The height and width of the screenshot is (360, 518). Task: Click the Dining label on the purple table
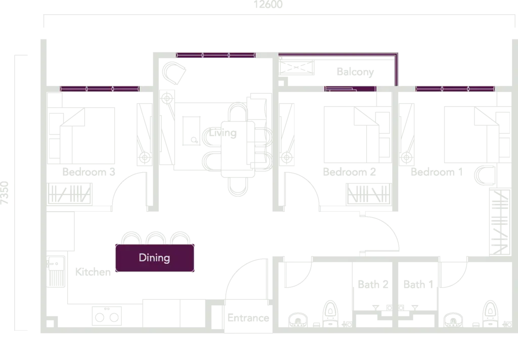tap(154, 258)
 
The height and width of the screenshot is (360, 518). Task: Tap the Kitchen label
tap(93, 272)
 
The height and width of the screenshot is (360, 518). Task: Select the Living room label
tap(223, 133)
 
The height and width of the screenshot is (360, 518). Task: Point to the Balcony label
tap(355, 72)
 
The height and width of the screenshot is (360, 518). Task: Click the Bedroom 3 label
tap(89, 172)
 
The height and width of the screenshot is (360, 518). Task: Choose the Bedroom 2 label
tap(349, 172)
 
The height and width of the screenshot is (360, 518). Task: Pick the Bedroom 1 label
tap(437, 172)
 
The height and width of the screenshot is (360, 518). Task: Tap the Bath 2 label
tap(373, 284)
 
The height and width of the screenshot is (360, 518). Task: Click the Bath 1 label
tap(418, 284)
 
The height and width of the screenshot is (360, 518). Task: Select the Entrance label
tap(248, 317)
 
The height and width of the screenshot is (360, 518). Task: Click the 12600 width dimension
tap(268, 4)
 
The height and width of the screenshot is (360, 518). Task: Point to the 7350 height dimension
tap(4, 193)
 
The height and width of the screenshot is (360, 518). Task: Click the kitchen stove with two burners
tap(107, 316)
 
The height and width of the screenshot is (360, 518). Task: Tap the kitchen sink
tap(56, 271)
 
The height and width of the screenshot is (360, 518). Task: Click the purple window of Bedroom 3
tap(100, 89)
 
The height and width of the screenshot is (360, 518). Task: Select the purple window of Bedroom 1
tap(455, 89)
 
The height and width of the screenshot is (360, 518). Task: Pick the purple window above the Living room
tap(215, 55)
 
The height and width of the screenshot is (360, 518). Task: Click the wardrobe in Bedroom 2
tap(369, 194)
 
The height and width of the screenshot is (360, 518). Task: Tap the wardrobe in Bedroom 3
tap(69, 194)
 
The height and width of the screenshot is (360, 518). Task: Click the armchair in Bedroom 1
tap(485, 175)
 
